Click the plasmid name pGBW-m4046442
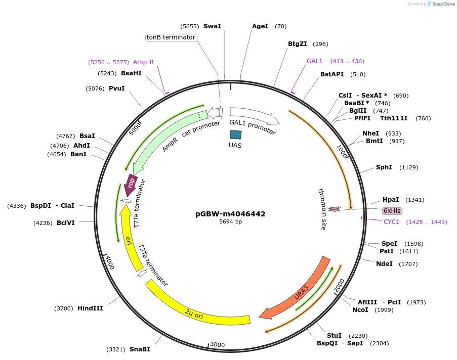pyautogui.click(x=230, y=214)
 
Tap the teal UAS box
pyautogui.click(x=235, y=134)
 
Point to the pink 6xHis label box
pyautogui.click(x=392, y=211)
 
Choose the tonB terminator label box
pyautogui.click(x=171, y=37)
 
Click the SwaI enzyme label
pyautogui.click(x=212, y=26)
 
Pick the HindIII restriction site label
pyautogui.click(x=90, y=308)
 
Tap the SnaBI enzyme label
pyautogui.click(x=140, y=349)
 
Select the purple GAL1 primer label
pyautogui.click(x=314, y=61)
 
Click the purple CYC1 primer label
pyautogui.click(x=391, y=222)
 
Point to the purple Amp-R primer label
pyautogui.click(x=143, y=62)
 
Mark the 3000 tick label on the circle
pyautogui.click(x=217, y=345)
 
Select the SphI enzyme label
pyautogui.click(x=384, y=167)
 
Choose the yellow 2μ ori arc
pyautogui.click(x=197, y=308)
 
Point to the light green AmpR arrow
pyautogui.click(x=167, y=137)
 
